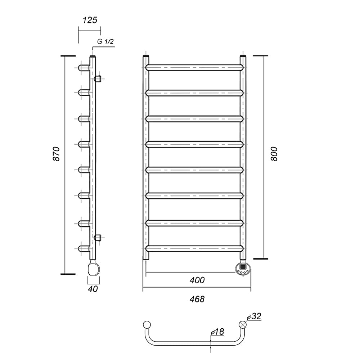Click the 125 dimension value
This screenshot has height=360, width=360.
90,20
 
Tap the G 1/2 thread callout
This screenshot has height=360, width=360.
105,41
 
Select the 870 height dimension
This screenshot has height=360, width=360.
56,154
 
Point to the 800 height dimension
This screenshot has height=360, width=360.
274,154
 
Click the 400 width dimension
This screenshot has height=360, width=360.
197,280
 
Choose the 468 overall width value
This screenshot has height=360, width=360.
197,299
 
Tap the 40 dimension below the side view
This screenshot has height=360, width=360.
93,289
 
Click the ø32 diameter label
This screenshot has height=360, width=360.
254,316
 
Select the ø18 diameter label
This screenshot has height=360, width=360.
217,332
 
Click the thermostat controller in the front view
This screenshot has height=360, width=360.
243,268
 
